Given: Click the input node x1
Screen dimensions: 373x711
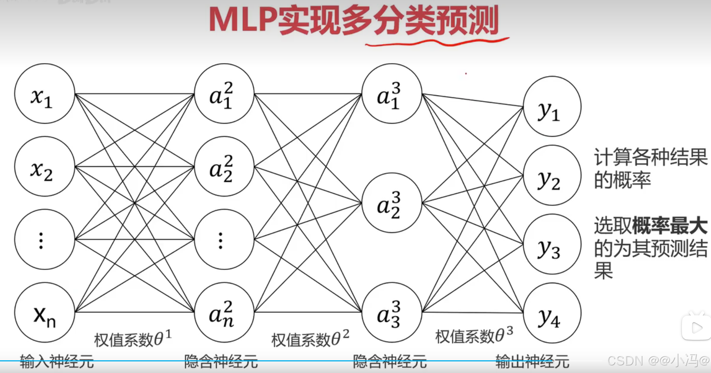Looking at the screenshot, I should (44, 94).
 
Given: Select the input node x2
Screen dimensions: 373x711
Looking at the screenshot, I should (44, 167).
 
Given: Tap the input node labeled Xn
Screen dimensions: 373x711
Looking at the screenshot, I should (44, 312).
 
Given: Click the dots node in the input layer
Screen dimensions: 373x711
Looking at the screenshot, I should (44, 239).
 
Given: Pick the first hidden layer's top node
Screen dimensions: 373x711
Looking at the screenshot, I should (224, 94).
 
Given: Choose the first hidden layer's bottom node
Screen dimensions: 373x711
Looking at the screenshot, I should (224, 312).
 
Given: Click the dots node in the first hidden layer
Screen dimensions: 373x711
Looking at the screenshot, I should (224, 239).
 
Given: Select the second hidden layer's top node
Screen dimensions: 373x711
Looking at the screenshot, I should (392, 94).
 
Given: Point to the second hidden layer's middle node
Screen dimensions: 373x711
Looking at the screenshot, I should (392, 203).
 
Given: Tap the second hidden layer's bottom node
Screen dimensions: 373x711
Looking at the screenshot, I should (392, 312).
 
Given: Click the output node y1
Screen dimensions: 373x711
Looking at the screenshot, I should (552, 106).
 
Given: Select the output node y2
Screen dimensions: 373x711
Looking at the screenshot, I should (552, 175).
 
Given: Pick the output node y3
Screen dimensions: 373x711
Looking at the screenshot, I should (552, 244).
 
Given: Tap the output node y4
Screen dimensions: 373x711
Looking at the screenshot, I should (552, 313).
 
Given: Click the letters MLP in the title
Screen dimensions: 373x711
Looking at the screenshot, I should (242, 21).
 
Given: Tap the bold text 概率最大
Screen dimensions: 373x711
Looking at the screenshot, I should (670, 226).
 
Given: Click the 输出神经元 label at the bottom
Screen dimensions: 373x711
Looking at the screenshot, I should (532, 361).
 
